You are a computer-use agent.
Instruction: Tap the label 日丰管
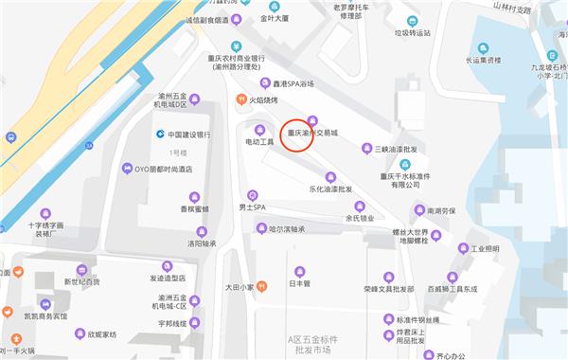(299, 282)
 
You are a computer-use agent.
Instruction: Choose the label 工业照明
(485, 248)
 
